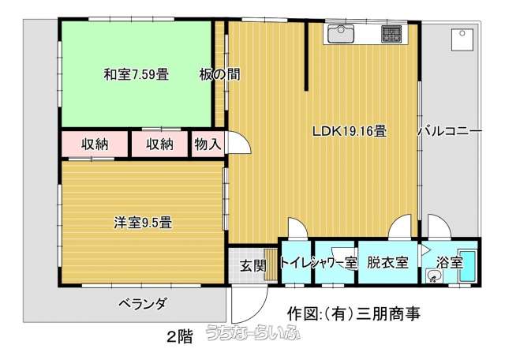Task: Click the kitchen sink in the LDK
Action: tap(341, 33)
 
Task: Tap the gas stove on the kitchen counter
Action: tap(391, 34)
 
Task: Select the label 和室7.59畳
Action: tap(137, 74)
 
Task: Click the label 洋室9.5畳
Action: tap(143, 223)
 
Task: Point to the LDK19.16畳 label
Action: tap(350, 131)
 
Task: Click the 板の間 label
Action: tap(219, 74)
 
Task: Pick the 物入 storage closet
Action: tap(208, 144)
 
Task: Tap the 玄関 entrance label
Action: tap(253, 266)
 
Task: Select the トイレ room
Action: tap(296, 262)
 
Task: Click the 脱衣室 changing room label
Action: tap(387, 263)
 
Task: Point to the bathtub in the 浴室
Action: tap(467, 266)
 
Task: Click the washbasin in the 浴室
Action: tap(433, 276)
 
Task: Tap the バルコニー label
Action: tap(450, 131)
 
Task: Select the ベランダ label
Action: tap(143, 303)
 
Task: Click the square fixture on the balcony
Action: tap(462, 39)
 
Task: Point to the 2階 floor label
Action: tap(179, 337)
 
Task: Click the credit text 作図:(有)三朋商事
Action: tap(353, 313)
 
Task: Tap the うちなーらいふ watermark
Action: tap(253, 332)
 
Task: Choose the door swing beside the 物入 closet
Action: tap(238, 142)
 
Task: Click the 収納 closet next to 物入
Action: tap(159, 144)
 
